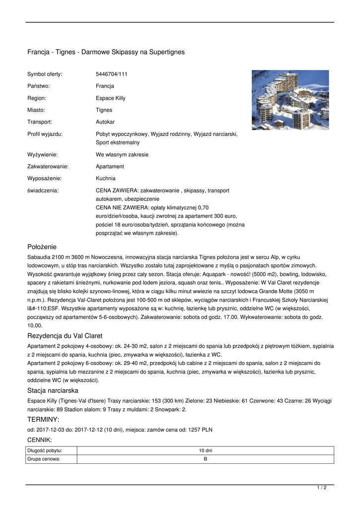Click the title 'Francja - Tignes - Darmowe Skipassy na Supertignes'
pyautogui.click(x=106, y=52)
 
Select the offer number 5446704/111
pyautogui.click(x=111, y=74)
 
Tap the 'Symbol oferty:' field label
pyautogui.click(x=45, y=74)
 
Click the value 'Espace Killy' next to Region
pyautogui.click(x=110, y=98)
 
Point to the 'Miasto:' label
pyautogui.click(x=36, y=110)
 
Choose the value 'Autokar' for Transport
pyautogui.click(x=105, y=122)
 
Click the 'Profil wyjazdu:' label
pyautogui.click(x=45, y=134)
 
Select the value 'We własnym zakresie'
pyautogui.click(x=122, y=155)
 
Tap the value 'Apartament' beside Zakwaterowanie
pyautogui.click(x=110, y=167)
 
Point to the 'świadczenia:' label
pyautogui.click(x=43, y=190)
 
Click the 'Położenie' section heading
pyautogui.click(x=42, y=247)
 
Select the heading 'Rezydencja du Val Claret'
pyautogui.click(x=65, y=336)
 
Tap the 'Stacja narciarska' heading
pyautogui.click(x=53, y=391)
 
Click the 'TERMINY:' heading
pyautogui.click(x=43, y=420)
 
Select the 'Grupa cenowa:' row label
pyautogui.click(x=44, y=459)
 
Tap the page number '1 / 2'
pyautogui.click(x=322, y=488)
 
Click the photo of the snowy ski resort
pyautogui.click(x=290, y=100)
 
